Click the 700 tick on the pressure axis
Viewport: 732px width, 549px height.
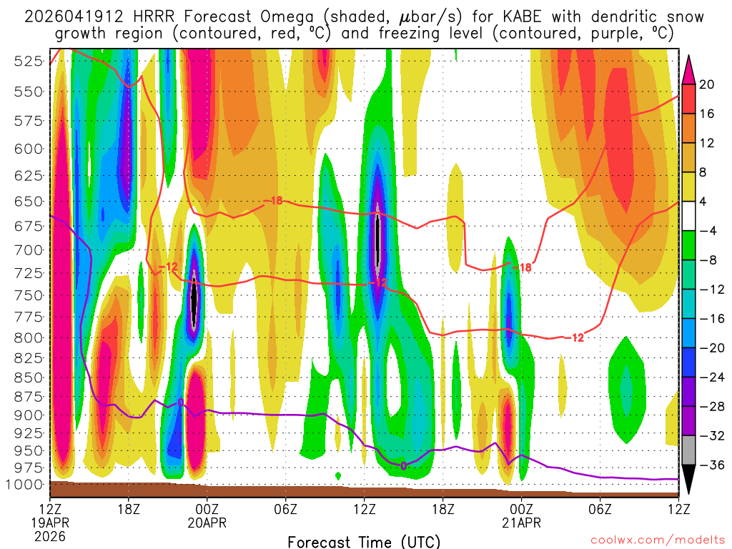click(27, 250)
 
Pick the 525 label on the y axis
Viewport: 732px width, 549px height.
click(27, 61)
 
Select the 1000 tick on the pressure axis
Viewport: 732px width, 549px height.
click(24, 485)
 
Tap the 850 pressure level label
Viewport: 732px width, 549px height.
click(27, 377)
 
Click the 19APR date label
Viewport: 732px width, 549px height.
click(49, 523)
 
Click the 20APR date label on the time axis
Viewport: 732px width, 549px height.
click(207, 523)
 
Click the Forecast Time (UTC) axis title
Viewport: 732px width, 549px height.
click(364, 541)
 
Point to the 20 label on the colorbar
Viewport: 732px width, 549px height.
click(707, 84)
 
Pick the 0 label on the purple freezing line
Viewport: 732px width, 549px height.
click(404, 466)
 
